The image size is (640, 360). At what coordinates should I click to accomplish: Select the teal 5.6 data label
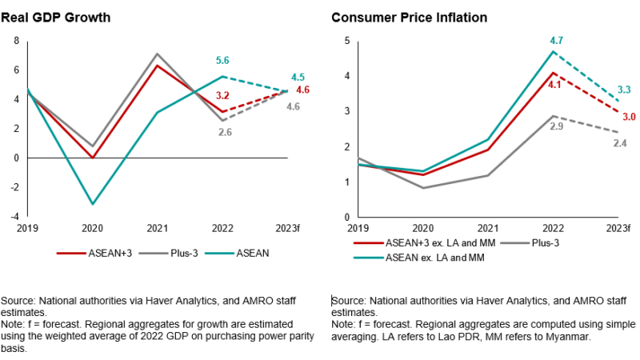point(223,60)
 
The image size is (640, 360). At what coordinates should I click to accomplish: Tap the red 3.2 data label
point(223,95)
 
